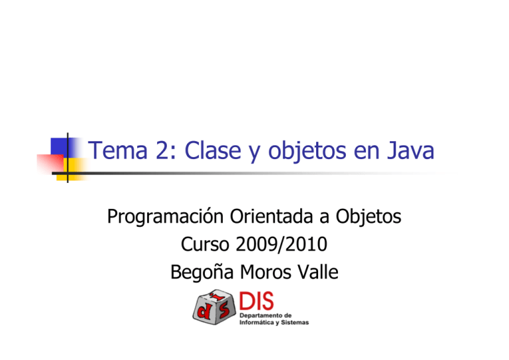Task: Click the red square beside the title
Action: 50,162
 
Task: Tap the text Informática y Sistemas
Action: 273,324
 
